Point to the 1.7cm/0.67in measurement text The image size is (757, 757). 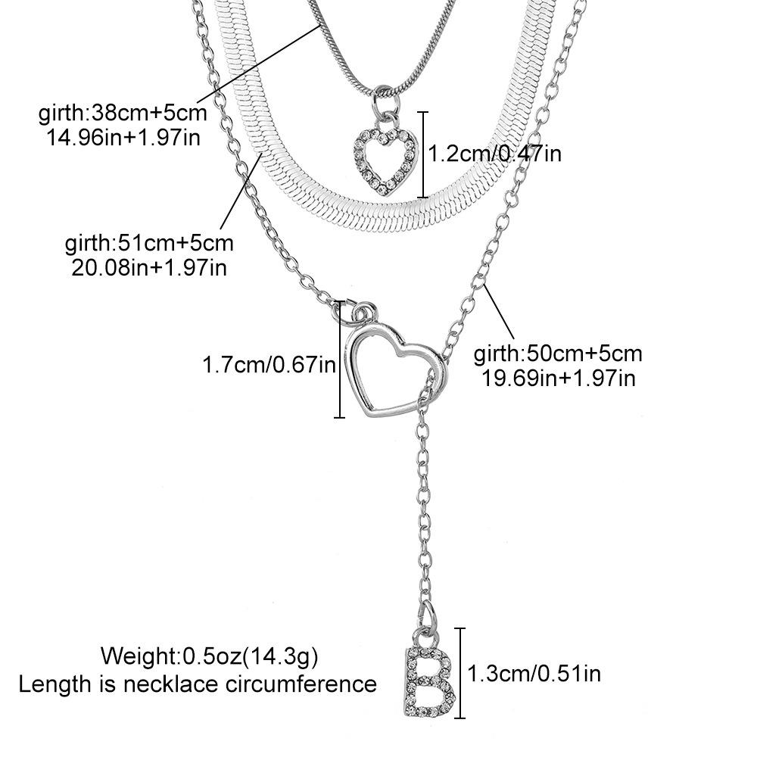[x=268, y=366]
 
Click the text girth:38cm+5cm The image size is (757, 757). [x=122, y=114]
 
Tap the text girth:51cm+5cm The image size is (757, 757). [x=149, y=244]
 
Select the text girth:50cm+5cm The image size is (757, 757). [x=558, y=354]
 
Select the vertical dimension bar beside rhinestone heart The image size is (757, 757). [x=423, y=154]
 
